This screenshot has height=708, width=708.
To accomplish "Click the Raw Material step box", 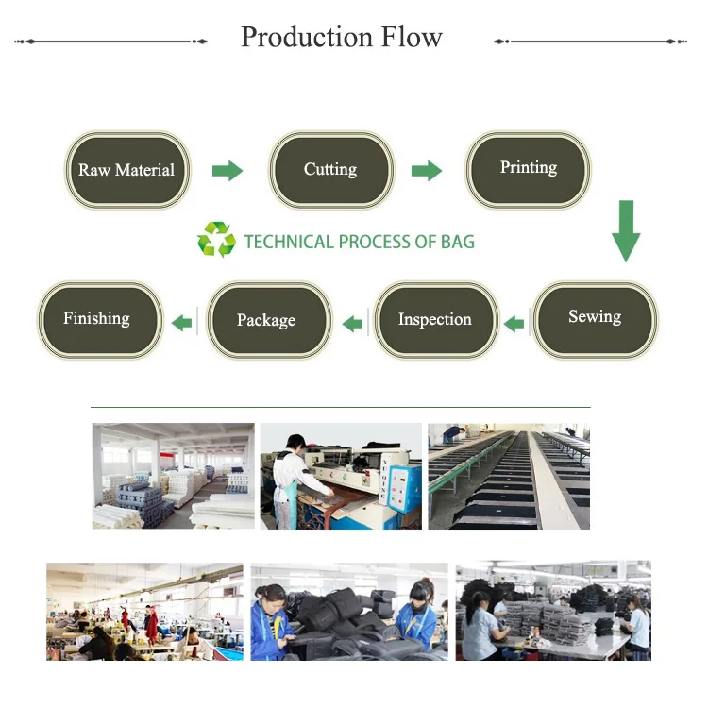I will click(127, 171).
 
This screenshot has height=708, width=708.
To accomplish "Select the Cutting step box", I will click(330, 170).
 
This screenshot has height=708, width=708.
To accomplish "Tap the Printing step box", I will click(529, 168).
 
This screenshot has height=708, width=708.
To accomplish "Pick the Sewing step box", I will click(595, 317).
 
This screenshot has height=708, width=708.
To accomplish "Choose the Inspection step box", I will click(434, 320).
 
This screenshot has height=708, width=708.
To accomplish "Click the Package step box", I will click(267, 321).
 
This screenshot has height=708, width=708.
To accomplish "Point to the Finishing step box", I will click(97, 319).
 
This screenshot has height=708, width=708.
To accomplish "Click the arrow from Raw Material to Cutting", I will click(228, 171).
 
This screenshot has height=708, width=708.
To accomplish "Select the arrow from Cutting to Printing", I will click(427, 171).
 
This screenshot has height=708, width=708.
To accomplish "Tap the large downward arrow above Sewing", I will click(625, 230).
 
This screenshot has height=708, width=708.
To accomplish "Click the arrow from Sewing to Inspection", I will click(514, 324).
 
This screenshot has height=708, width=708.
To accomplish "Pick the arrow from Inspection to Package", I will click(352, 324).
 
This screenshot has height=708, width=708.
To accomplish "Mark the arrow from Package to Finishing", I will click(181, 324).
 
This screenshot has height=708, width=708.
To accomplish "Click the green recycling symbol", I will click(216, 240).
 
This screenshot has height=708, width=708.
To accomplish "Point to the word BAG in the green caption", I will click(457, 242).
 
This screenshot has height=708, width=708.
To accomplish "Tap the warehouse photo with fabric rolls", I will click(173, 475).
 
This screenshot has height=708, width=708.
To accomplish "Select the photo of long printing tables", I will click(509, 475).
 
